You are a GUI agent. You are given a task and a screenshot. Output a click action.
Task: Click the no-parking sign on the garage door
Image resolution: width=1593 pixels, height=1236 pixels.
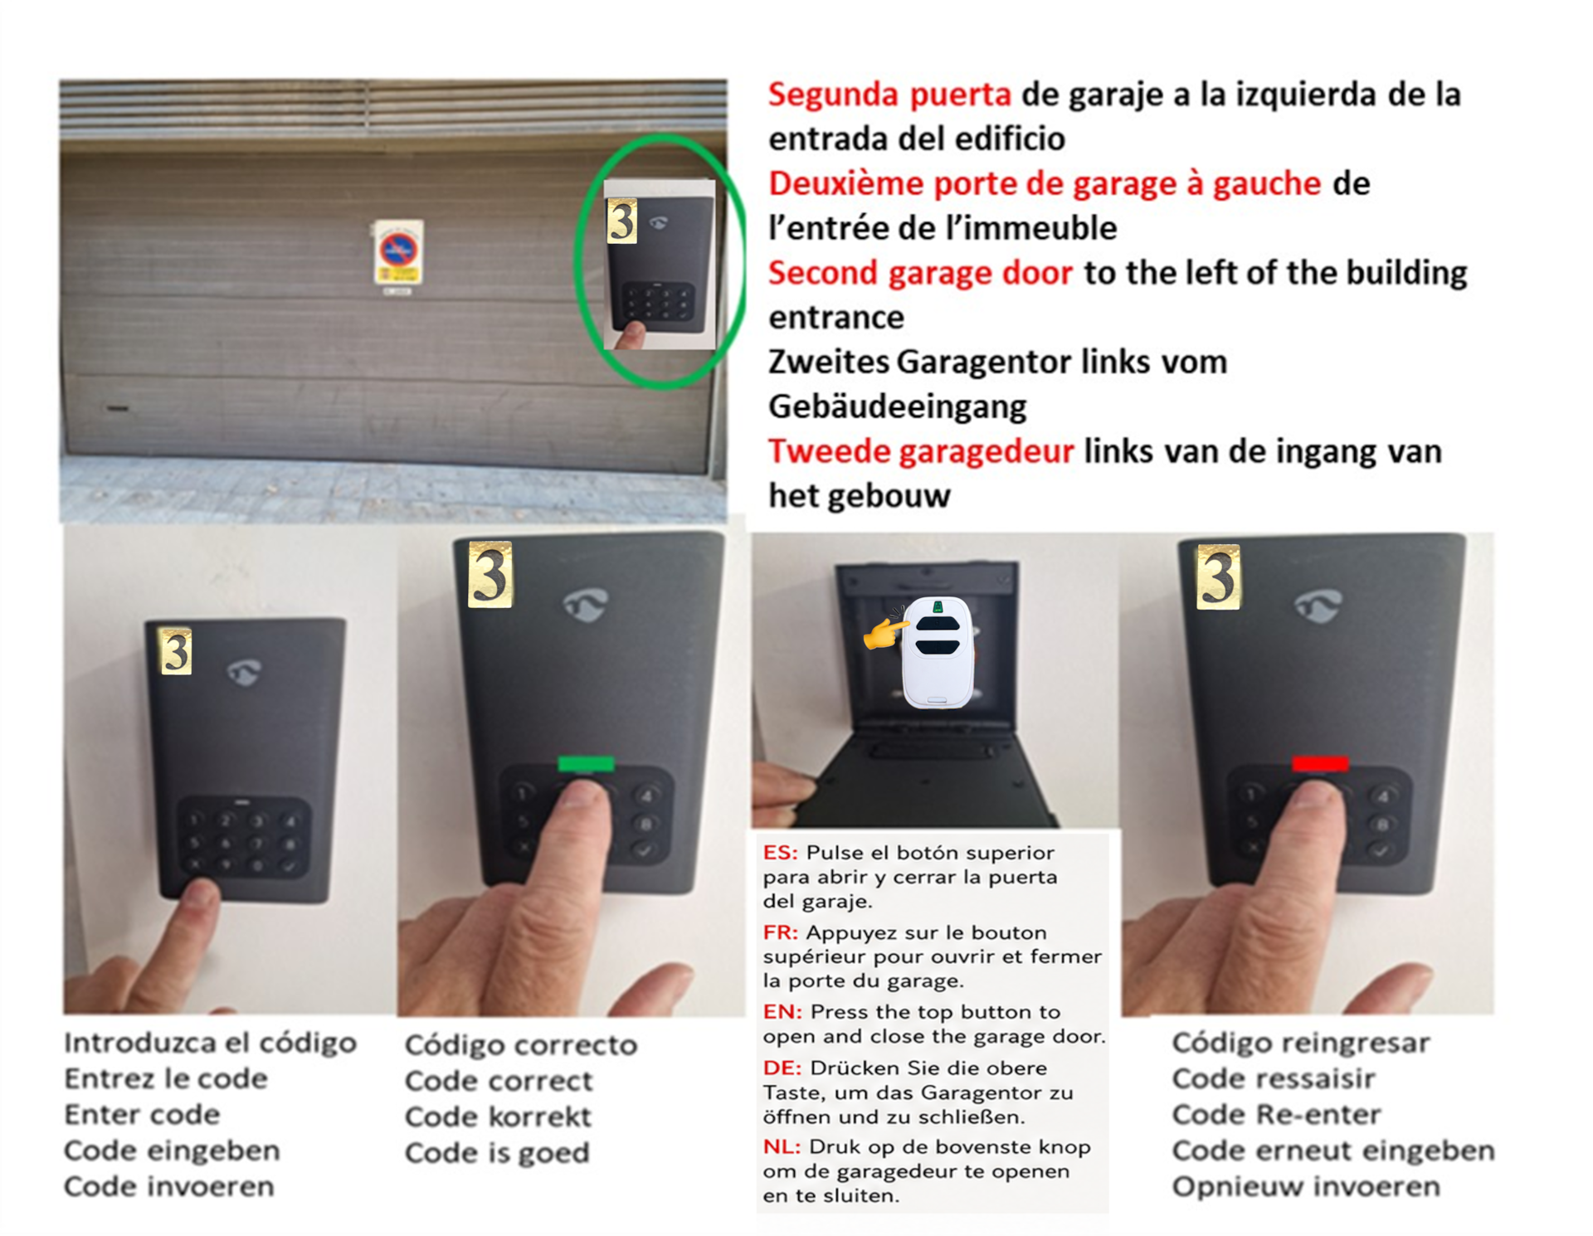coord(398,252)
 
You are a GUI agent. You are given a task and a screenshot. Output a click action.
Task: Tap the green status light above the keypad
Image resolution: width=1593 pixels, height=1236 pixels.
coord(586,763)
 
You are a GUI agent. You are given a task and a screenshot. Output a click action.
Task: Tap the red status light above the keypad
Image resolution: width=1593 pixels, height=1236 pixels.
coord(1320,762)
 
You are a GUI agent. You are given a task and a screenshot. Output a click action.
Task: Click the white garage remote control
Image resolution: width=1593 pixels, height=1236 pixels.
coord(938,653)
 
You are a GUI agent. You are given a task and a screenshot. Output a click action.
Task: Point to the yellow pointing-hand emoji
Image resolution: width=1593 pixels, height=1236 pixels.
coord(884,630)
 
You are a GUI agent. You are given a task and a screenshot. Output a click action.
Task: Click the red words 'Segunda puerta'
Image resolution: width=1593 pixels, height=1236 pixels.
coord(889,95)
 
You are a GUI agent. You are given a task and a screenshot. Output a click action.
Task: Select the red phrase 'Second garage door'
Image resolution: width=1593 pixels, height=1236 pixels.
coord(920,274)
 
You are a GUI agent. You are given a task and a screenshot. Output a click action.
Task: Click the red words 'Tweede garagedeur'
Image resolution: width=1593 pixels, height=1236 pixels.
coord(921,452)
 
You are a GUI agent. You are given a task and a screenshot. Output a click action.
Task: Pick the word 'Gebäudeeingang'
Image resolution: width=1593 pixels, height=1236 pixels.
coord(898,407)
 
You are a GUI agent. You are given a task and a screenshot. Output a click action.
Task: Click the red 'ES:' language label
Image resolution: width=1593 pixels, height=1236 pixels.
coord(781,853)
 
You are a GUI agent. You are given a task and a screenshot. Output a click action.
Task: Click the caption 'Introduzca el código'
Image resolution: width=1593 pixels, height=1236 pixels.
coord(211,1044)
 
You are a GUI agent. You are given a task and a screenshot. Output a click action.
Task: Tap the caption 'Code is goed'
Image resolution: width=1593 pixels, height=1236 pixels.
coord(497,1153)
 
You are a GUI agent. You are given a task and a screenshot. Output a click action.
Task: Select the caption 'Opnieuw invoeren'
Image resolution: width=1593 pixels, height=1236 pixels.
coord(1306,1187)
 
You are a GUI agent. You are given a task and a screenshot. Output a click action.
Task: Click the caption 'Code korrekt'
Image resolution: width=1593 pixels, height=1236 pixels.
coord(498,1117)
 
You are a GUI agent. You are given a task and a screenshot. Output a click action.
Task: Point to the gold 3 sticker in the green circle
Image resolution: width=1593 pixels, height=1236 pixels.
coord(622,221)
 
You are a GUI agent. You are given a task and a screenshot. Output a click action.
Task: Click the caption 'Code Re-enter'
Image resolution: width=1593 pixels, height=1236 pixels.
coord(1276,1115)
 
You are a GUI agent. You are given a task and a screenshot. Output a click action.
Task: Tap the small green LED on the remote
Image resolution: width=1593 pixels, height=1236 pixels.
coord(938,607)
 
